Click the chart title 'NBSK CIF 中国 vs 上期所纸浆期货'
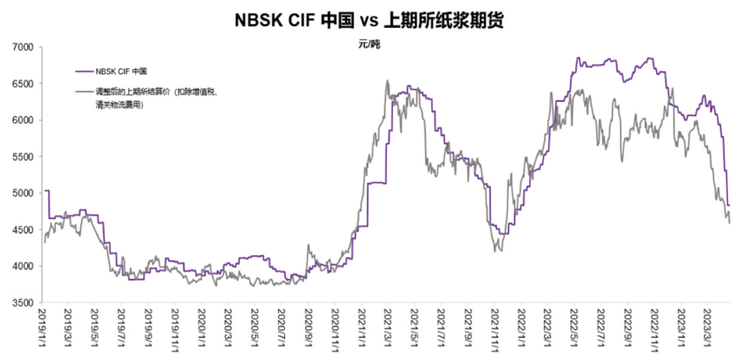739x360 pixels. click(x=369, y=20)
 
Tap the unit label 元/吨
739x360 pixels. click(x=369, y=45)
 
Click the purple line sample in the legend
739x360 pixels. click(x=84, y=71)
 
